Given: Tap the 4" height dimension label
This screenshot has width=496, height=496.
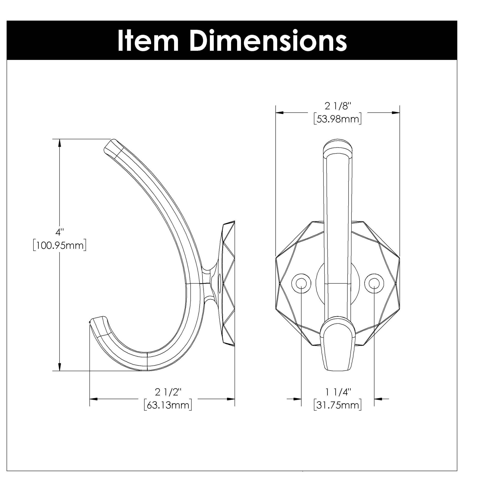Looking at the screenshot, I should pyautogui.click(x=60, y=232).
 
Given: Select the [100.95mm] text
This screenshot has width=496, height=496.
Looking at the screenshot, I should pyautogui.click(x=60, y=246).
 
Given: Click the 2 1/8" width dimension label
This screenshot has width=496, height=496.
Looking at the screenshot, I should pyautogui.click(x=338, y=106).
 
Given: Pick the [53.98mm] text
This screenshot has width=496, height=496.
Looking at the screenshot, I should pyautogui.click(x=338, y=119).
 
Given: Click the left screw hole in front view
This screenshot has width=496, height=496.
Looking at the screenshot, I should pyautogui.click(x=301, y=283).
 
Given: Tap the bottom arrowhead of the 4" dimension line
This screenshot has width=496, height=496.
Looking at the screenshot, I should pyautogui.click(x=60, y=367).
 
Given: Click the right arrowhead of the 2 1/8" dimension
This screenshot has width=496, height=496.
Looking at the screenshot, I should pyautogui.click(x=396, y=113).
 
